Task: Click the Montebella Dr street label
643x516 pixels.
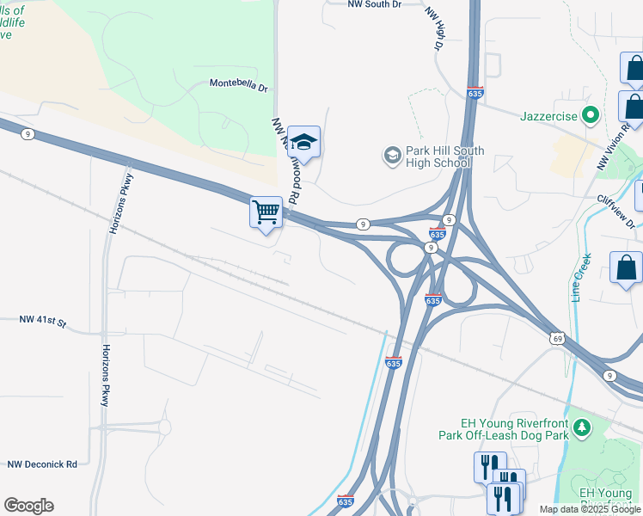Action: pos(239,87)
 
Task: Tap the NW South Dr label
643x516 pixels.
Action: pos(375,4)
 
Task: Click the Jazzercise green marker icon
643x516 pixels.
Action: pos(590,114)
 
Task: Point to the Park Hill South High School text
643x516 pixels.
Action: pos(444,157)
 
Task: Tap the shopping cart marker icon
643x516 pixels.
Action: pos(266,211)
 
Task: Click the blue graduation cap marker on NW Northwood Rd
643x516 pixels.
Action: pos(303,141)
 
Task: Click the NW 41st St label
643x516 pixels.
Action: pos(43,320)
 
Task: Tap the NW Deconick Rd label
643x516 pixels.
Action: pos(43,464)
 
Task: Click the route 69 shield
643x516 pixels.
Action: pos(557,337)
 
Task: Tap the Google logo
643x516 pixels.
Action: pos(28,506)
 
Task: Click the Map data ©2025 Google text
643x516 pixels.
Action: pos(589,509)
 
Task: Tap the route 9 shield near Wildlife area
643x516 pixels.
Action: pos(28,133)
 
